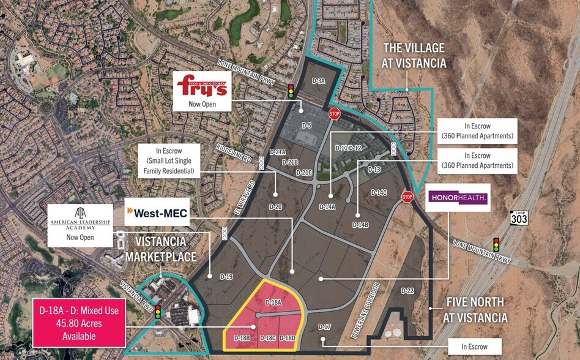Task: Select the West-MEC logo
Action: pos(157,214)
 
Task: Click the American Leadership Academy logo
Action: pos(80,217)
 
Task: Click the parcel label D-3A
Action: pos(318,81)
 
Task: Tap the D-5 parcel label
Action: pos(307,126)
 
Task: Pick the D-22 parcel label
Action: pos(407,290)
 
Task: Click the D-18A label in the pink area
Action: pos(273,302)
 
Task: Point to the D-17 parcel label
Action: pos(324,327)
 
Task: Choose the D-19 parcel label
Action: pos(226,277)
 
